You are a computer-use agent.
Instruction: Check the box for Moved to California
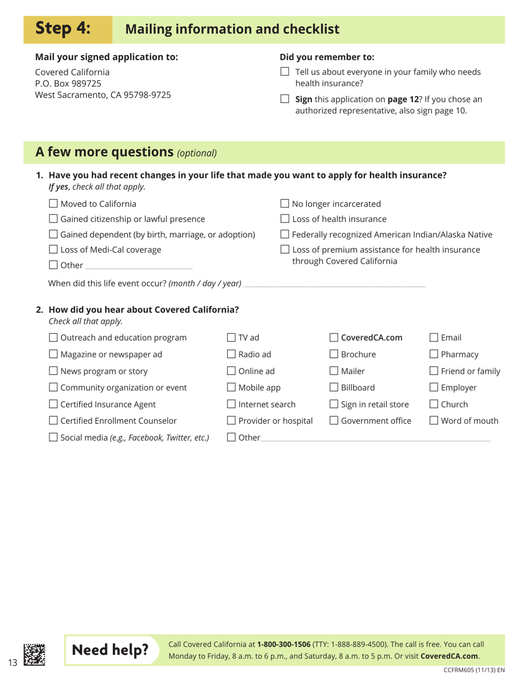coord(53,204)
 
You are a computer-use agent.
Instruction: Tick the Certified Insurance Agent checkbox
coord(53,404)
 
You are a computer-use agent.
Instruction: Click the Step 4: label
coord(67,28)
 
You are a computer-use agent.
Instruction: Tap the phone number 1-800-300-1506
coord(283,645)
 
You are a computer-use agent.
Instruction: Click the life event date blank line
coord(334,284)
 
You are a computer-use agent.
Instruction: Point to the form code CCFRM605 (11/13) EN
coord(474,670)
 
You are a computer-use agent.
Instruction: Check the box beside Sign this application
coord(285,100)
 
